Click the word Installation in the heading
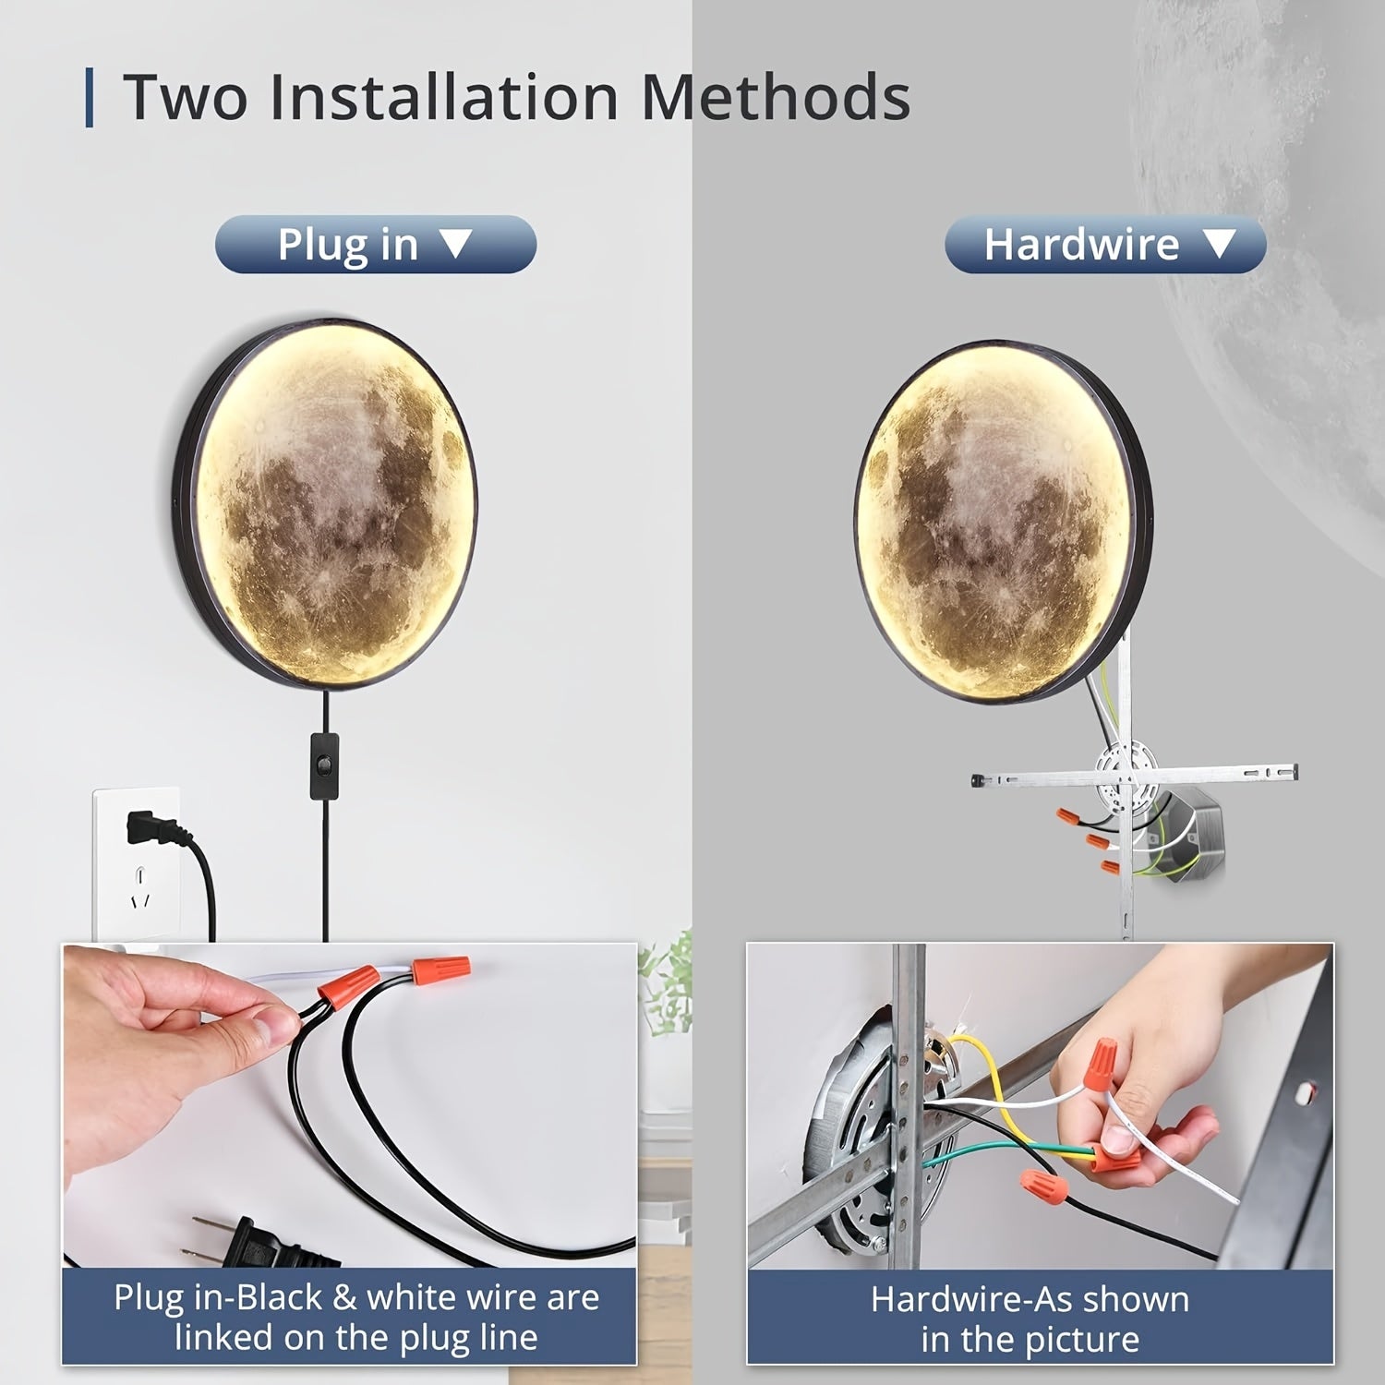click(444, 97)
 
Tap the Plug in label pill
click(376, 245)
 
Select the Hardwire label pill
click(1105, 245)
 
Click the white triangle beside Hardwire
click(1220, 244)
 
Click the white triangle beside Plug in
click(455, 244)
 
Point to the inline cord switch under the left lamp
click(324, 765)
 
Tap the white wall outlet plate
click(137, 864)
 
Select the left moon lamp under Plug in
click(325, 503)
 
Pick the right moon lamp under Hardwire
click(1004, 522)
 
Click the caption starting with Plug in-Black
click(356, 1318)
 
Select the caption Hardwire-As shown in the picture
click(1030, 1319)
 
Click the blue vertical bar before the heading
click(89, 97)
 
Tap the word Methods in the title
click(776, 97)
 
